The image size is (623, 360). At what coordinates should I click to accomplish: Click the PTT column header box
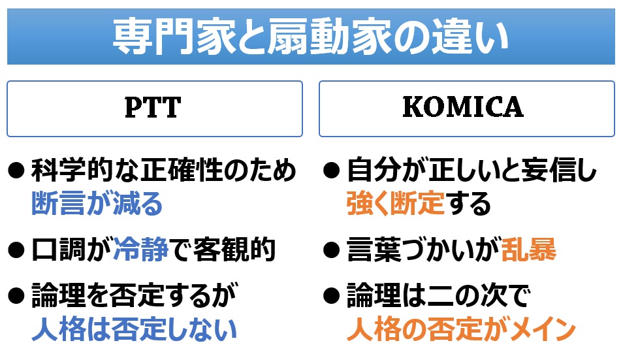click(x=155, y=108)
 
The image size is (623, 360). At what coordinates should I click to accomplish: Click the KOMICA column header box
click(x=467, y=108)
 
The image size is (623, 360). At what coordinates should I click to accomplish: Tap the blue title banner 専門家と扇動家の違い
click(x=311, y=37)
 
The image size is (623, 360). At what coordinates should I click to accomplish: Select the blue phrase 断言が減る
click(x=97, y=203)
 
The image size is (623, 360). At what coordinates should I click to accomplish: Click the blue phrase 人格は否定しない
click(x=135, y=329)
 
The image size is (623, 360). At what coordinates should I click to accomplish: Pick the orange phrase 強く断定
click(x=395, y=203)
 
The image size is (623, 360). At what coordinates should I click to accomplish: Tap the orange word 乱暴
click(x=528, y=250)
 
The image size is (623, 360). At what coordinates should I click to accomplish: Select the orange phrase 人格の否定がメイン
click(x=461, y=329)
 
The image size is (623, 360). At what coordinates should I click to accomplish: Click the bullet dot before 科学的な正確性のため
click(x=16, y=171)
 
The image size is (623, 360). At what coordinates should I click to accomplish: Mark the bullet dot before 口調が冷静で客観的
click(x=16, y=250)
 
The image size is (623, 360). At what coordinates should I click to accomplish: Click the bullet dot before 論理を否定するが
click(x=16, y=296)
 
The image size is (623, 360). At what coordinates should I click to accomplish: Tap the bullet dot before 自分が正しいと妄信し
click(x=332, y=171)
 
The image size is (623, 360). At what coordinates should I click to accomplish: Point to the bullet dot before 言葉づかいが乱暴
click(x=332, y=250)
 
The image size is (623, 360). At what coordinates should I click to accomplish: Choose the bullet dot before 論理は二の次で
click(x=332, y=296)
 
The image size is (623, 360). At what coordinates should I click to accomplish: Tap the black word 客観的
click(x=235, y=250)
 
